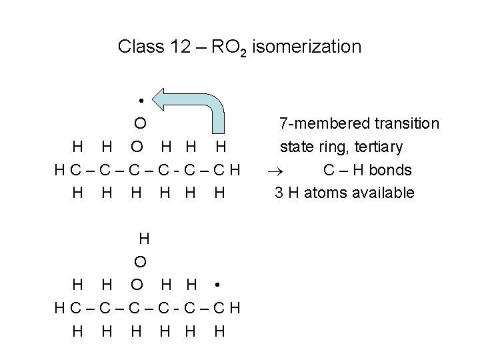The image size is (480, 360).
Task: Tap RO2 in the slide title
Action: pos(230,48)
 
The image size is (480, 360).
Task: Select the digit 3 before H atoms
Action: pos(279,193)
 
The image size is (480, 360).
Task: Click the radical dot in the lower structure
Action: pos(217,285)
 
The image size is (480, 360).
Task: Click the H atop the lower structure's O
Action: pos(143,237)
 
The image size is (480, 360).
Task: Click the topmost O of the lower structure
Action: pos(140,261)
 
